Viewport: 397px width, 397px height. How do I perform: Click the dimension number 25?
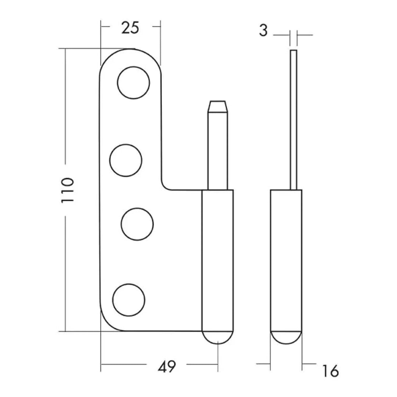(130, 28)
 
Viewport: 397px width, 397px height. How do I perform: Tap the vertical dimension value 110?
(68, 190)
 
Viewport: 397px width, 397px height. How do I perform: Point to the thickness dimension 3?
(263, 31)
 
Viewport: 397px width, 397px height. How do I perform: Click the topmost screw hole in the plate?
(133, 83)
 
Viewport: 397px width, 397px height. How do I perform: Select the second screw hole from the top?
(126, 160)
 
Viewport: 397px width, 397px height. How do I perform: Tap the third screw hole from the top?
(137, 224)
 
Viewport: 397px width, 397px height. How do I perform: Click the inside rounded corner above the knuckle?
(165, 186)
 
